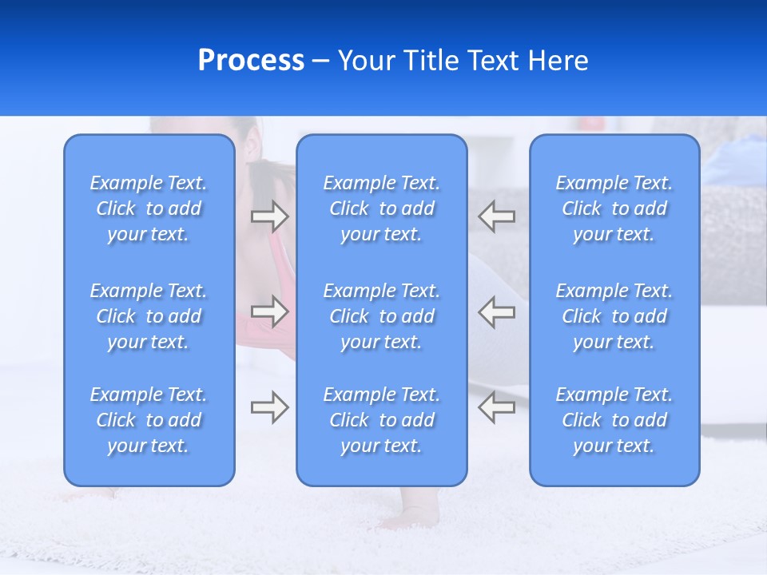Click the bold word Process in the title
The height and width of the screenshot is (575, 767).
[x=251, y=61]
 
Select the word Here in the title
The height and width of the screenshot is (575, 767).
[x=558, y=61]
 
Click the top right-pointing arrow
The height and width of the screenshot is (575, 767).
[x=269, y=216]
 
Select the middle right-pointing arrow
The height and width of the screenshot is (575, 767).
[x=269, y=311]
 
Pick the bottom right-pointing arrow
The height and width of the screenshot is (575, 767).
[x=269, y=407]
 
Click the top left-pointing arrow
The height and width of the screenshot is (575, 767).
[x=497, y=216]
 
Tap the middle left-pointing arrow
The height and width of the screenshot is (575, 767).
[x=497, y=311]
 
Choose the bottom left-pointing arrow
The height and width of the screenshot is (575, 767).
[x=497, y=407]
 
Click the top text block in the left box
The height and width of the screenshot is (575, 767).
[x=149, y=208]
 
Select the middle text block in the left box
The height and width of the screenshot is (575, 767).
[x=149, y=316]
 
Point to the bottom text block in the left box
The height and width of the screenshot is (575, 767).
[x=149, y=420]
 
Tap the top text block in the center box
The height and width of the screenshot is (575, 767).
[x=381, y=208]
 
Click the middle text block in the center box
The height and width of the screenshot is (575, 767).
[x=381, y=316]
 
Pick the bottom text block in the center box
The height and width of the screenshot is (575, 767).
[x=381, y=420]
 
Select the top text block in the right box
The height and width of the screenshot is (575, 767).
[x=614, y=208]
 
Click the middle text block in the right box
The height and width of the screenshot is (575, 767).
[x=614, y=316]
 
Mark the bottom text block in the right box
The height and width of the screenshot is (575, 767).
[x=614, y=420]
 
